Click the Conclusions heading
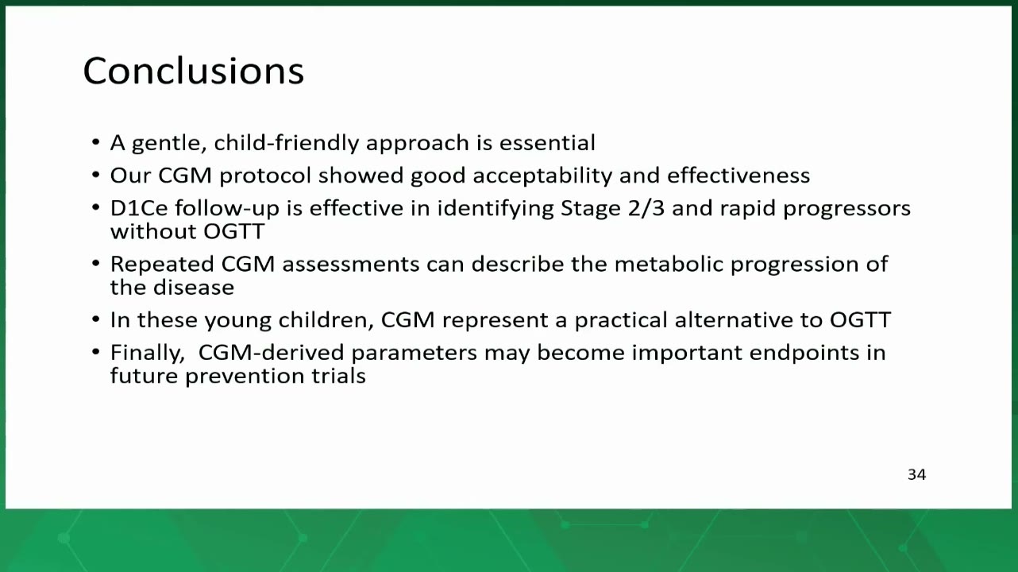click(194, 71)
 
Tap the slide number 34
click(916, 475)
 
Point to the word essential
click(547, 143)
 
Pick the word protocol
click(265, 176)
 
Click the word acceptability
click(542, 176)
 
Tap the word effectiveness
click(738, 176)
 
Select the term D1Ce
click(139, 208)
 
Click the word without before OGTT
click(153, 231)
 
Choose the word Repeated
click(162, 265)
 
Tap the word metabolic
click(669, 265)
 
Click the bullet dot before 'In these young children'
click(95, 319)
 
